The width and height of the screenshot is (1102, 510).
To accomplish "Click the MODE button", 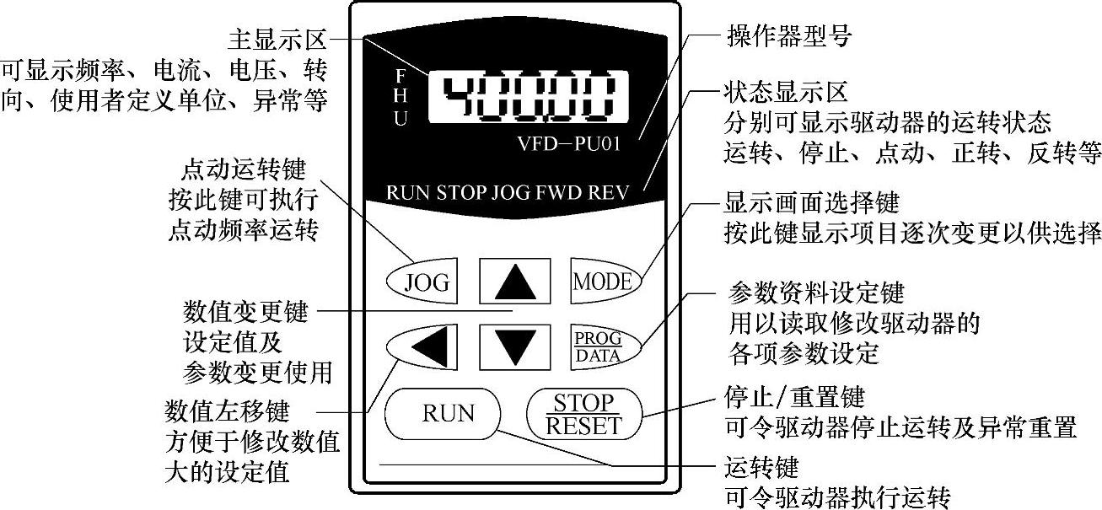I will coord(603,282).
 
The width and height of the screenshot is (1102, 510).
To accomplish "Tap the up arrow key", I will coord(515,281).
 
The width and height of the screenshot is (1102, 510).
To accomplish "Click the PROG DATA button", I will coord(599,346).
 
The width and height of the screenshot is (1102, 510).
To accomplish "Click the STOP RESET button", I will coord(583,413).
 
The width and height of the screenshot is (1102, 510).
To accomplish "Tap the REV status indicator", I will coord(610,191).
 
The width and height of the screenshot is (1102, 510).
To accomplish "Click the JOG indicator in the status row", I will coord(510,191).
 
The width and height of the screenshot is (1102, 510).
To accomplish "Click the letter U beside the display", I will coord(400,119).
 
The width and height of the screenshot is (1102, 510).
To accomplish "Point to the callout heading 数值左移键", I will coord(228,412).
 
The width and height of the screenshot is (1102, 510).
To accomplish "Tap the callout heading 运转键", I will coord(761,465).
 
